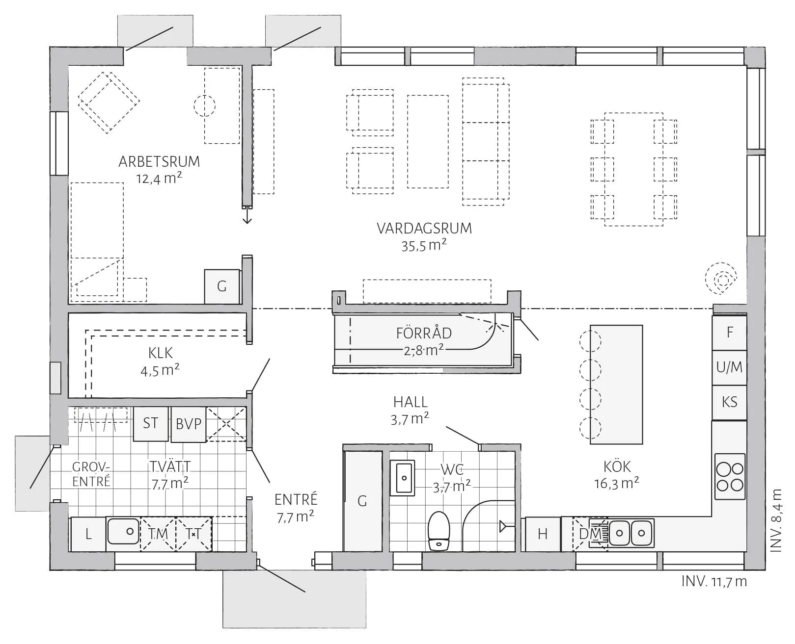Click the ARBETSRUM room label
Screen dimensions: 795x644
pyautogui.click(x=159, y=162)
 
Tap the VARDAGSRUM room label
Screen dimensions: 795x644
pyautogui.click(x=424, y=229)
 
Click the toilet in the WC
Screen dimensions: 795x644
pyautogui.click(x=439, y=531)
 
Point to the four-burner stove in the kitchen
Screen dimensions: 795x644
pyautogui.click(x=730, y=476)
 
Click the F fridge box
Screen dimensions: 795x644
pyautogui.click(x=729, y=333)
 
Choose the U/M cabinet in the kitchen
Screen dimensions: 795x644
pyautogui.click(x=729, y=367)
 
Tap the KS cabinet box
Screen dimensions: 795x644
pyautogui.click(x=729, y=403)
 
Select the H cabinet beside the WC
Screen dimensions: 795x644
pyautogui.click(x=543, y=534)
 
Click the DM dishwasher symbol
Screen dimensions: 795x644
pyautogui.click(x=590, y=534)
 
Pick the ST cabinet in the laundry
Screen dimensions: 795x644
pyautogui.click(x=151, y=424)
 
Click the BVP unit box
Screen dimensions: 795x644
pyautogui.click(x=189, y=424)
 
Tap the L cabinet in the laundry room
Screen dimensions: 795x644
pyautogui.click(x=88, y=534)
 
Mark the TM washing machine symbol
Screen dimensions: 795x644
pyautogui.click(x=158, y=534)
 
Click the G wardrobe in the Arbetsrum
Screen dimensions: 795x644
pyautogui.click(x=221, y=286)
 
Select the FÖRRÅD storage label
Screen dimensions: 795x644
pyautogui.click(x=424, y=333)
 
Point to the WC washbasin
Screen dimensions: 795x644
pyautogui.click(x=402, y=478)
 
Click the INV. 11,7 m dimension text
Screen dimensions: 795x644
pyautogui.click(x=714, y=582)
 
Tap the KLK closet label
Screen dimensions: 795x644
pyautogui.click(x=161, y=353)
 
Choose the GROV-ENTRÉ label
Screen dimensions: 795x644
pyautogui.click(x=91, y=474)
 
